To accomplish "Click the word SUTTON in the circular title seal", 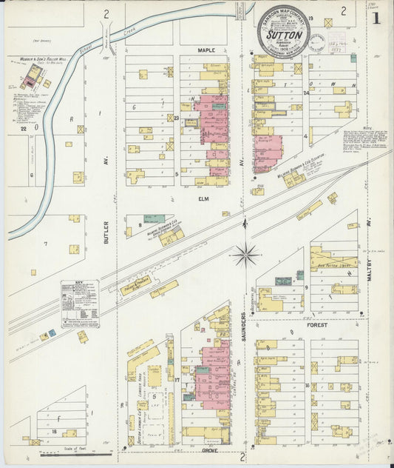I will (284, 34).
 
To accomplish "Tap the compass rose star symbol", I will (245, 255).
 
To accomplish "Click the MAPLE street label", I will (206, 50).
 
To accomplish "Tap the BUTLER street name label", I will (106, 231).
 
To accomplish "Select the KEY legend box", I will (80, 303).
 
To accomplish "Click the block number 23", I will (177, 118).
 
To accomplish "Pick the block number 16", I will (306, 385).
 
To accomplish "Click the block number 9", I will (306, 286).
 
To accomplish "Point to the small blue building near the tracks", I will (52, 332).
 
